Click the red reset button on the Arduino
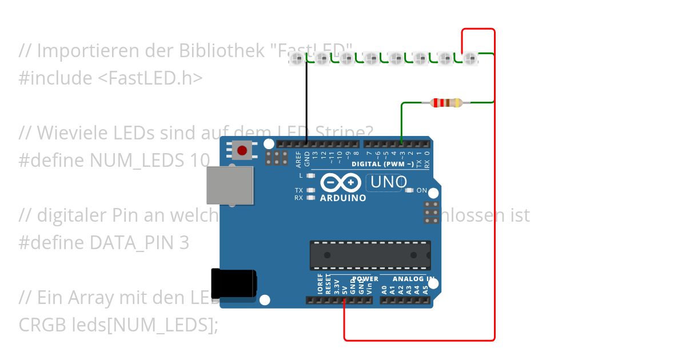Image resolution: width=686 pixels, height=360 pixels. pyautogui.click(x=242, y=150)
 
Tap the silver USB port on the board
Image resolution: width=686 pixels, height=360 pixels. pyautogui.click(x=230, y=185)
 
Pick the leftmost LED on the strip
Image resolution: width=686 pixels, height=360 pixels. pyautogui.click(x=297, y=58)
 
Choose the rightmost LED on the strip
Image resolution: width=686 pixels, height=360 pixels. pyautogui.click(x=470, y=58)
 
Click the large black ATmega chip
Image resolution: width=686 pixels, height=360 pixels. pyautogui.click(x=370, y=255)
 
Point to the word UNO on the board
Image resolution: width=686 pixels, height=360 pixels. pyautogui.click(x=389, y=182)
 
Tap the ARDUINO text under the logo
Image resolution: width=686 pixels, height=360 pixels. pyautogui.click(x=343, y=198)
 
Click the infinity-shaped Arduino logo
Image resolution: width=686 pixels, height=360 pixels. pyautogui.click(x=340, y=182)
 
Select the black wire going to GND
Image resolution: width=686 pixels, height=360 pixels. pyautogui.click(x=306, y=100)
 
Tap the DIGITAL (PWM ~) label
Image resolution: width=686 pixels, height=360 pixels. pyautogui.click(x=382, y=164)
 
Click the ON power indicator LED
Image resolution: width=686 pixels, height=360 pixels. pyautogui.click(x=409, y=190)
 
